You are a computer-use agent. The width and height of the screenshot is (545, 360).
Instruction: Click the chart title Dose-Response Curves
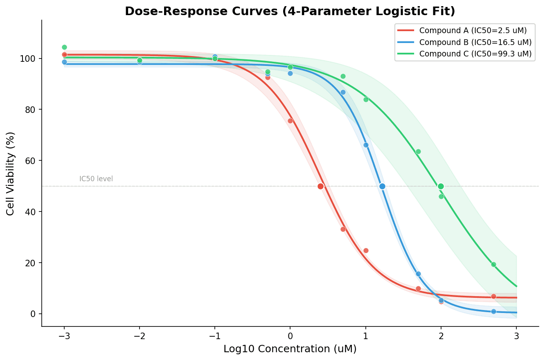[x=290, y=11]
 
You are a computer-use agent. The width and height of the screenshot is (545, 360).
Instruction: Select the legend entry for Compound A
[x=473, y=30]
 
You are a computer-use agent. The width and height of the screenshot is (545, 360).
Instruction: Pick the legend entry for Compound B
[x=475, y=42]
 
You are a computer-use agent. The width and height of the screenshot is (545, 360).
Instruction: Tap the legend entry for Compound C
[x=475, y=54]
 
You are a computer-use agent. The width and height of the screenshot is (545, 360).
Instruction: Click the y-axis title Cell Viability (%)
[x=11, y=173]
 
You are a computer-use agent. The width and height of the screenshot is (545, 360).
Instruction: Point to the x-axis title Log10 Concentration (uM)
[x=290, y=349]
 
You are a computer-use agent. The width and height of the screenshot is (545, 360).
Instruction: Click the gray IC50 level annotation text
[x=96, y=179]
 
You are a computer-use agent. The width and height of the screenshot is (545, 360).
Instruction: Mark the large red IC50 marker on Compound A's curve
[x=320, y=186]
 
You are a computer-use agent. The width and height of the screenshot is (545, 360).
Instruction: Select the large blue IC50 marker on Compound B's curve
[x=382, y=186]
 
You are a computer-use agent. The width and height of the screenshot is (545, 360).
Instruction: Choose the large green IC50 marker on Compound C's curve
[x=441, y=186]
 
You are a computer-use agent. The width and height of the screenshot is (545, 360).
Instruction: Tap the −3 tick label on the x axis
[x=64, y=337]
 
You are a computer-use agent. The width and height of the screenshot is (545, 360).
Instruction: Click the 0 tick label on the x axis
[x=290, y=337]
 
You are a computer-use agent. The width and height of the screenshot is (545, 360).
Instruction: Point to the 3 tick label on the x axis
[x=516, y=337]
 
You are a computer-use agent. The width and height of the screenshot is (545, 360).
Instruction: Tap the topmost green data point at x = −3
[x=64, y=47]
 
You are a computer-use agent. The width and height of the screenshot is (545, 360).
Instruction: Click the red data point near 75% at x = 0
[x=290, y=121]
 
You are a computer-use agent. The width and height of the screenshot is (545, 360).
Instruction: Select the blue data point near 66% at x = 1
[x=366, y=145]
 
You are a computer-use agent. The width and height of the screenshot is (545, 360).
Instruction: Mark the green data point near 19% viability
[x=493, y=264]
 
